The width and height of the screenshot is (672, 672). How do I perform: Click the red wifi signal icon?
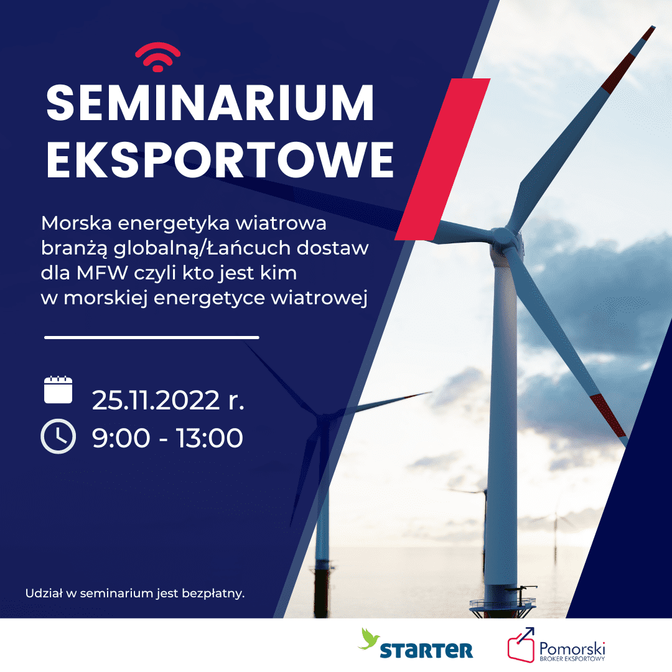(x=157, y=57)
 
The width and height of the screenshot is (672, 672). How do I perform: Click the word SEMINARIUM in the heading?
(x=210, y=103)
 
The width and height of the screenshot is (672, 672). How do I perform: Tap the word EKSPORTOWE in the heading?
(x=220, y=160)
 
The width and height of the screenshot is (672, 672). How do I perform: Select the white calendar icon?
(x=58, y=390)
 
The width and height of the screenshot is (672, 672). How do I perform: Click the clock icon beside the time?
(x=58, y=436)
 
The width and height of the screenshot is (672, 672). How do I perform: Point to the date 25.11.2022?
(x=156, y=400)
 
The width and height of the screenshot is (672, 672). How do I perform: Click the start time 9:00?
(x=121, y=438)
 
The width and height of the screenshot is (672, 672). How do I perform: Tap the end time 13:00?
(x=210, y=438)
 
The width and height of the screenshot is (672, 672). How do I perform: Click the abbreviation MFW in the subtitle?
(x=102, y=273)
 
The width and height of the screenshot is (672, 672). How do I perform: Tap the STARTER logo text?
(x=426, y=650)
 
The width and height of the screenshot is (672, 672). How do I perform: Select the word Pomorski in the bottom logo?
(x=572, y=648)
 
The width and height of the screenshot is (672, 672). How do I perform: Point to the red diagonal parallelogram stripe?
(x=442, y=159)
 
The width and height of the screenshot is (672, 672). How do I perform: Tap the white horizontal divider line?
(x=152, y=338)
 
